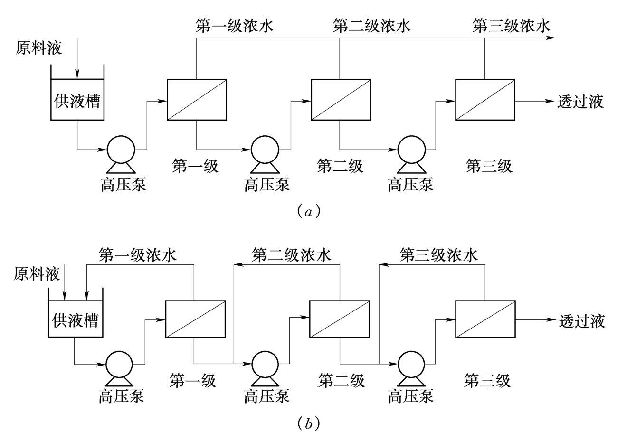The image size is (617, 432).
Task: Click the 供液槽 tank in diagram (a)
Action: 77,100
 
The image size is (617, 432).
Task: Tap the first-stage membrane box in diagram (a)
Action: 197,100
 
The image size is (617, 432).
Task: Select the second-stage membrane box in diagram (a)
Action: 340,100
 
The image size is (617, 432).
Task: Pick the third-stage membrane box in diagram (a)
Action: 484,100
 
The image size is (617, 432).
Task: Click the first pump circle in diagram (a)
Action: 121,150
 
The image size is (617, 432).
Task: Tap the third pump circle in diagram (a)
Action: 412,150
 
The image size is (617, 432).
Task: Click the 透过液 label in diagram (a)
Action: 581,102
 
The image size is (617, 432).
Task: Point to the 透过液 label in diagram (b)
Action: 582,321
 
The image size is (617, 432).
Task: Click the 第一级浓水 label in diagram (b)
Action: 138,255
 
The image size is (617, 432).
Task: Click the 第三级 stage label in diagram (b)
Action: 487,381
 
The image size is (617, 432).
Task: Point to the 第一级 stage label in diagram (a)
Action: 195,166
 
